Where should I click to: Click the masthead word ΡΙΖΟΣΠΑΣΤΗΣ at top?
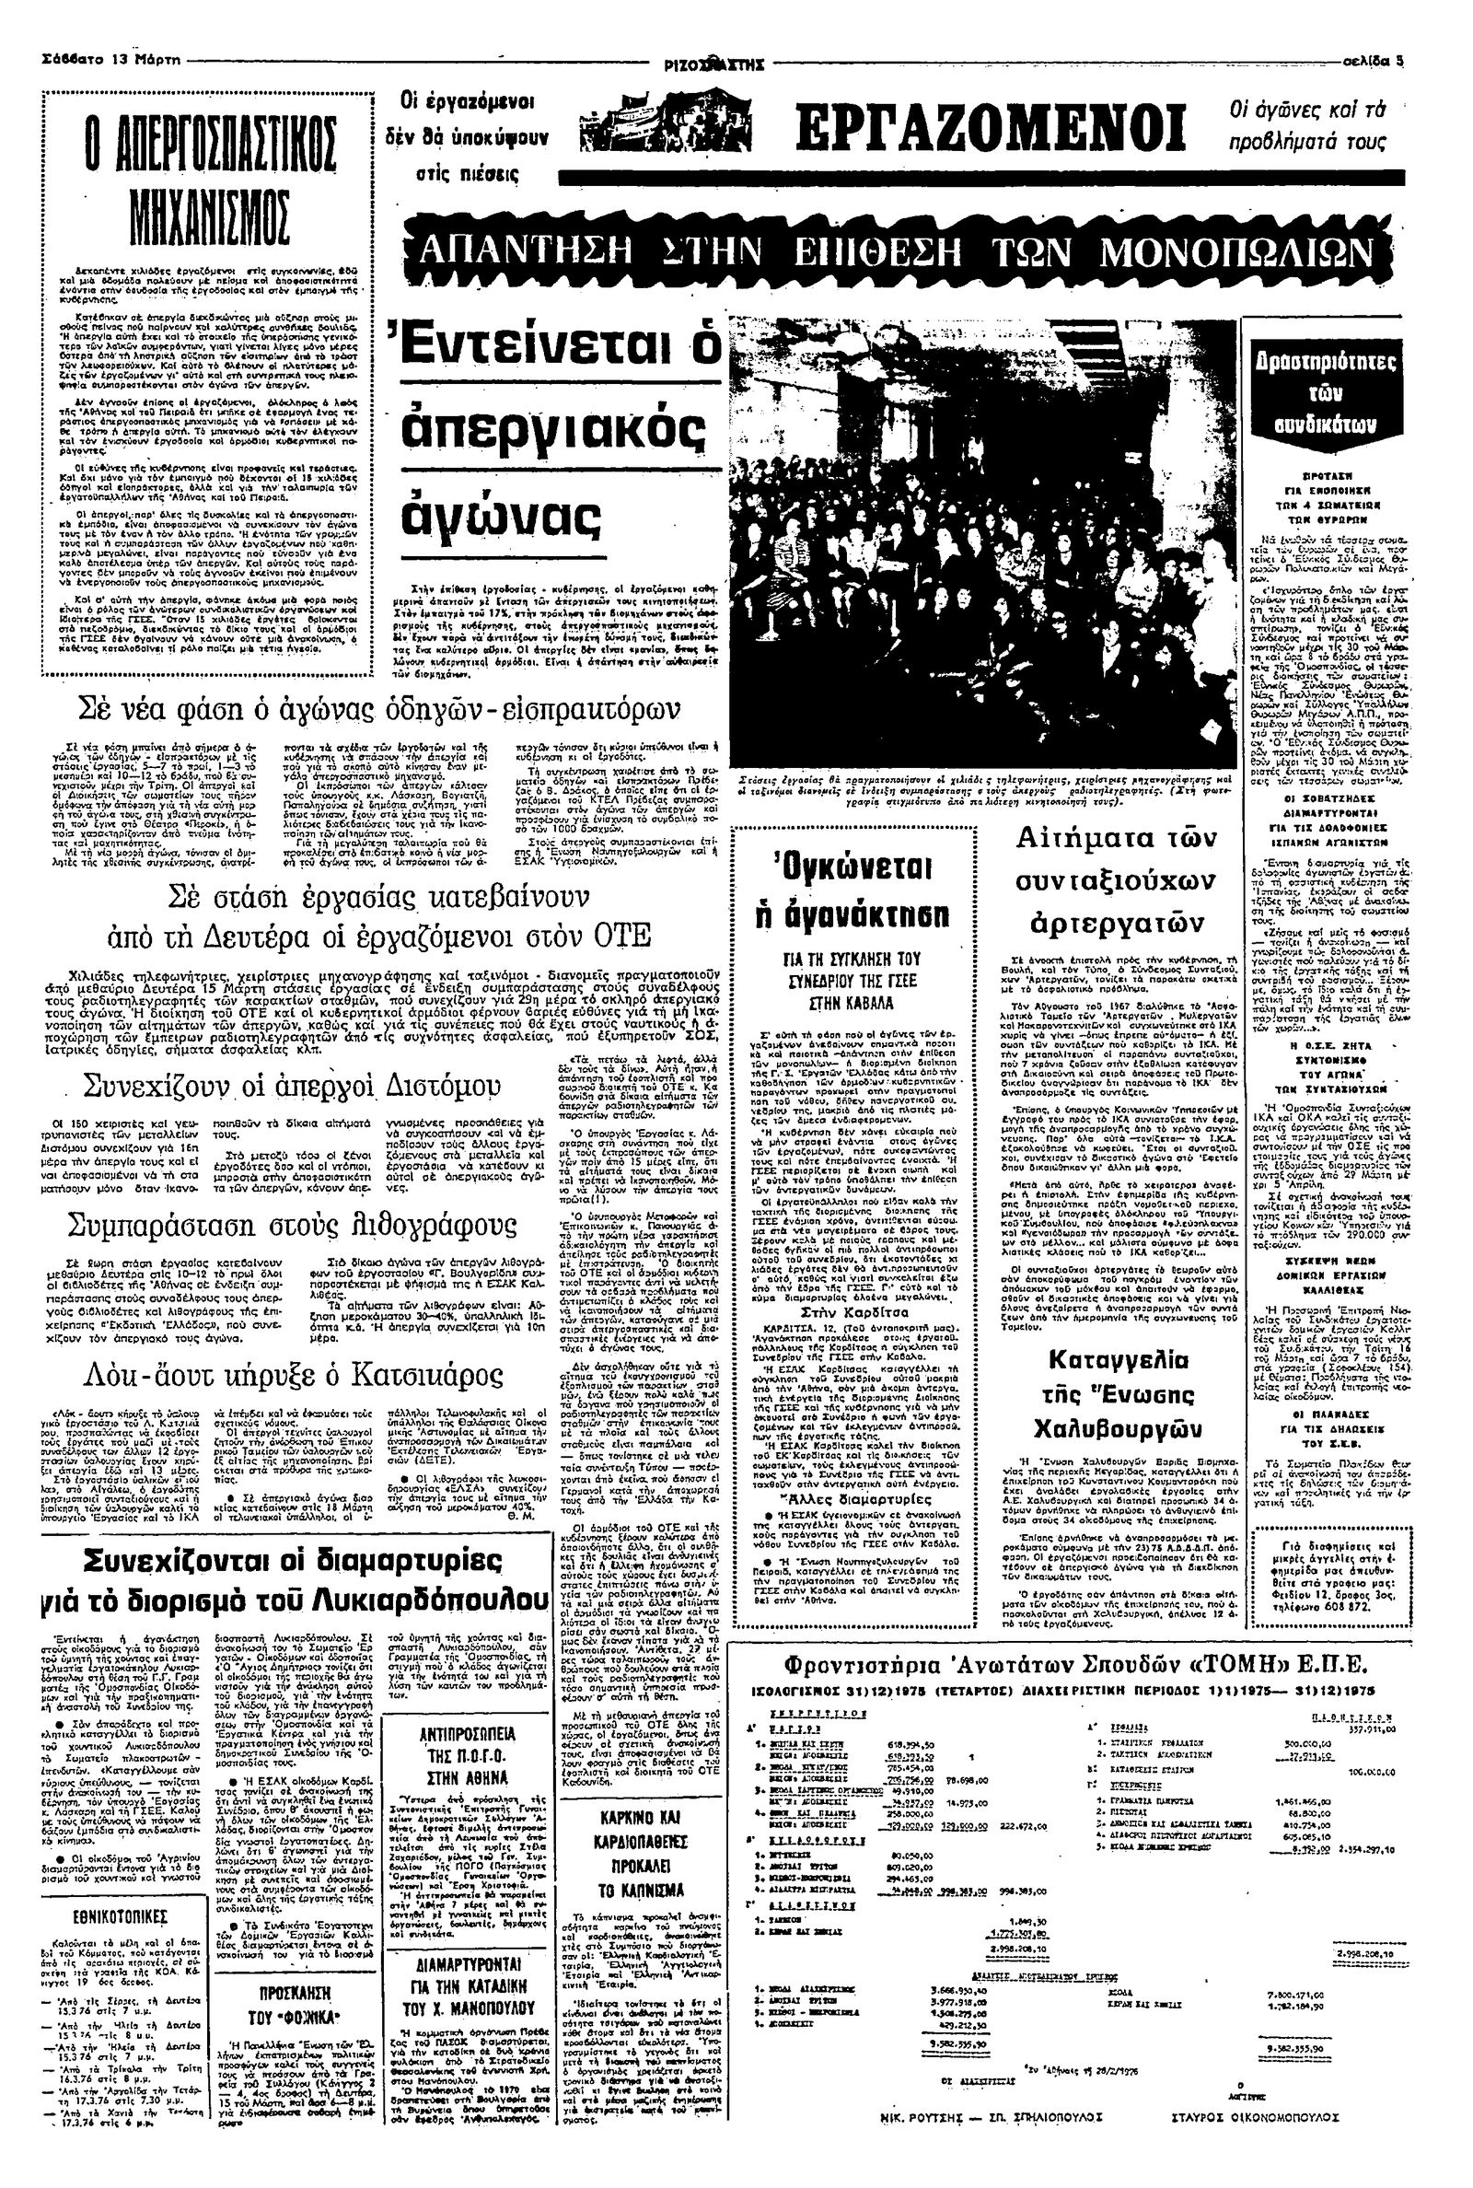click(x=716, y=64)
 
